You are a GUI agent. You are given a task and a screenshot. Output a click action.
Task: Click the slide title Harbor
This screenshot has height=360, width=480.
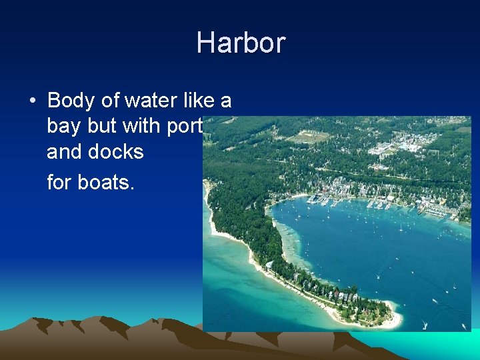241,43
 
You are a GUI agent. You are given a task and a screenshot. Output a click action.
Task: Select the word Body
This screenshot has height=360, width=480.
70,101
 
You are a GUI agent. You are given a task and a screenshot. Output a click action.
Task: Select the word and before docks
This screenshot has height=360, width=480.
64,152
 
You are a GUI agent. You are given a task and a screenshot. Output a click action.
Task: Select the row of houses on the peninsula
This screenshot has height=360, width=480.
333,293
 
